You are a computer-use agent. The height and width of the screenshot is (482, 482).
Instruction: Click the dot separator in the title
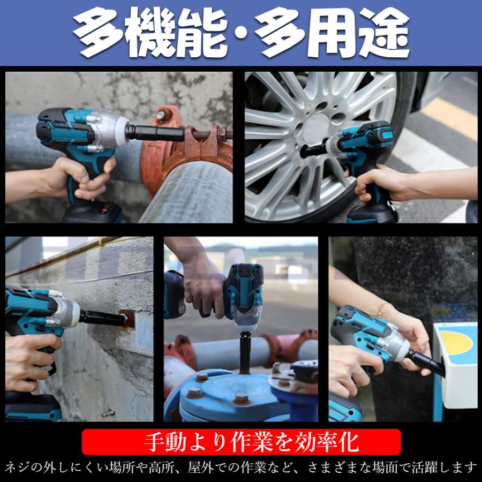[240, 33]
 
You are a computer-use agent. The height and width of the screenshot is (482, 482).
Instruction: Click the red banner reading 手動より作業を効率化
[242, 442]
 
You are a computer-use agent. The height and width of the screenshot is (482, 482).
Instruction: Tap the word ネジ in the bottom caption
[17, 469]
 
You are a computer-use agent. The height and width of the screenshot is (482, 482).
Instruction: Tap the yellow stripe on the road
[450, 118]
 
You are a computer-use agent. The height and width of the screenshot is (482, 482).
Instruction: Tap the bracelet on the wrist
[382, 310]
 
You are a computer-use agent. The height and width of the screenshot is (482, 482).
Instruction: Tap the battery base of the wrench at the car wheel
[372, 213]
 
